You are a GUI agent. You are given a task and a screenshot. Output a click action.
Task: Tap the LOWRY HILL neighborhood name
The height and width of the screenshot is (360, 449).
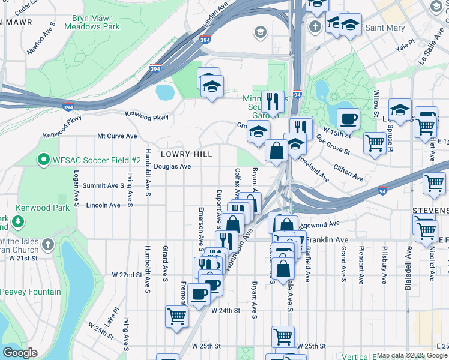(x=186, y=154)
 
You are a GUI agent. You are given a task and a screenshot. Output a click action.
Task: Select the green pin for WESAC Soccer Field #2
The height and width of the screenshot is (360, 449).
(x=43, y=160)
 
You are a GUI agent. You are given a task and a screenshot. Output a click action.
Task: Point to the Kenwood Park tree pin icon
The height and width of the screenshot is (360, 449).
(x=19, y=221)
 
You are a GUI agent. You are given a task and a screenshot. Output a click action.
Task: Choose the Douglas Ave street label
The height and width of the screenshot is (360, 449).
(x=172, y=167)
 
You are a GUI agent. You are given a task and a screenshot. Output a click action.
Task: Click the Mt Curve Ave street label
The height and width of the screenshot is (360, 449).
(x=117, y=136)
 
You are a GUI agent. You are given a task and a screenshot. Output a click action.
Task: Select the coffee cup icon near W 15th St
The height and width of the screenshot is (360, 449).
(x=348, y=118)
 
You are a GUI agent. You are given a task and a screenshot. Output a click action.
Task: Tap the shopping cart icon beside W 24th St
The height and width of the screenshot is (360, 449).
(x=176, y=316)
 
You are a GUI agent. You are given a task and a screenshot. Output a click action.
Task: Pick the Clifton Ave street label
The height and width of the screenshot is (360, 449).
(x=348, y=173)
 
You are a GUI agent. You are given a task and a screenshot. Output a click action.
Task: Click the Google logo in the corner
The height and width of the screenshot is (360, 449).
(x=20, y=353)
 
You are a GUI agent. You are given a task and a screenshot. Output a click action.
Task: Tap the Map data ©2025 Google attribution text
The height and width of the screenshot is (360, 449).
(x=412, y=356)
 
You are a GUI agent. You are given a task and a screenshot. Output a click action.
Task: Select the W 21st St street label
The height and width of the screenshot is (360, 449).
(x=23, y=258)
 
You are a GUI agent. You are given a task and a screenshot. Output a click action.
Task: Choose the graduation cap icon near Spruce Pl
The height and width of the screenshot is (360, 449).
(x=400, y=110)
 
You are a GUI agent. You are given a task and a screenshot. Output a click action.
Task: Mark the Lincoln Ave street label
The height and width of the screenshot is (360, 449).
(x=103, y=205)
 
